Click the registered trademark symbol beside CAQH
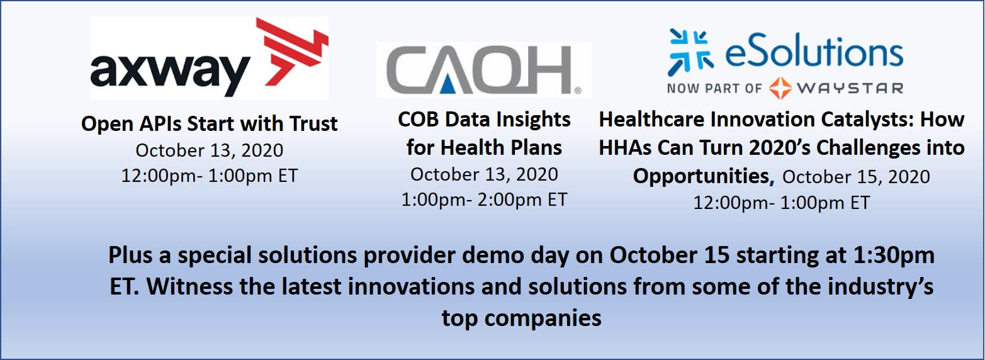pos(578,91)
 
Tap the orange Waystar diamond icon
pos(780,88)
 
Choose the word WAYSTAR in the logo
pos(850,88)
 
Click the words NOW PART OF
pos(714,88)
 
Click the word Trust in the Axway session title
pos(313,123)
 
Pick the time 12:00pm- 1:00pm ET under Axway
pos(210,176)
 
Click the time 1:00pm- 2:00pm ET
pos(484,200)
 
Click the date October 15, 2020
pos(856,177)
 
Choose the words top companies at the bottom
pos(521,318)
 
